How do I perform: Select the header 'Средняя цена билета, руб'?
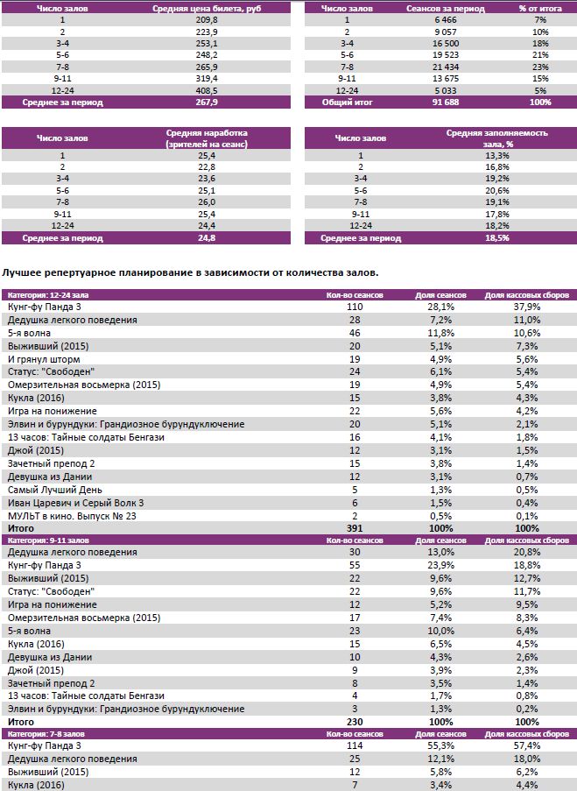(207, 8)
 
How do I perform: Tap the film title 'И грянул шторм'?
(44, 359)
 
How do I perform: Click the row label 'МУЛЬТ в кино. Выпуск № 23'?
(72, 517)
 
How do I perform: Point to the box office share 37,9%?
(526, 307)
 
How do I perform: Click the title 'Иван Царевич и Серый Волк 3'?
(75, 503)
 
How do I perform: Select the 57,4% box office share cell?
(526, 745)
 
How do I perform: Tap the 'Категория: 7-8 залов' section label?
(49, 733)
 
